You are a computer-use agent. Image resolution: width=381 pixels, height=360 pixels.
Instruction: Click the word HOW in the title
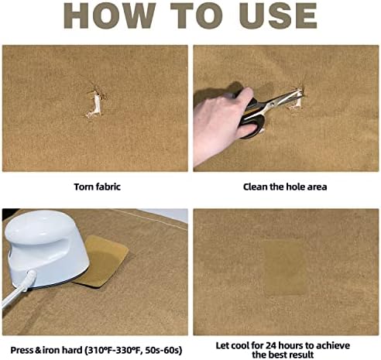click(x=110, y=15)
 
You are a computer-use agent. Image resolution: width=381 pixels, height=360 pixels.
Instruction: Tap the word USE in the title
click(x=278, y=15)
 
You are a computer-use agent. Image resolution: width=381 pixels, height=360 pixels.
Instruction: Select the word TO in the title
click(x=197, y=15)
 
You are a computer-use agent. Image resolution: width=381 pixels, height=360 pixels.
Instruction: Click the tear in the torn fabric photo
click(x=94, y=104)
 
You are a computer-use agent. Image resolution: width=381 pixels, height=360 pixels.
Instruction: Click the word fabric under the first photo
click(x=108, y=187)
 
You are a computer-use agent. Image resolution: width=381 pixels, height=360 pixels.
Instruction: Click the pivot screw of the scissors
click(x=272, y=105)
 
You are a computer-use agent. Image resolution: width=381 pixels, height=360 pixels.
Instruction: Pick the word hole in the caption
click(x=295, y=187)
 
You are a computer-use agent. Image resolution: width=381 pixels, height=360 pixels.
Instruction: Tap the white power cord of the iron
click(x=18, y=288)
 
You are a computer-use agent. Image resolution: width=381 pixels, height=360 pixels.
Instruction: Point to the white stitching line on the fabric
click(x=149, y=218)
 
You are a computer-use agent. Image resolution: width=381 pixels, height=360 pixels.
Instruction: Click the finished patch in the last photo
click(x=285, y=268)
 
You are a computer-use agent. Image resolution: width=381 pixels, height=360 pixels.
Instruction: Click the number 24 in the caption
click(x=271, y=345)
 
